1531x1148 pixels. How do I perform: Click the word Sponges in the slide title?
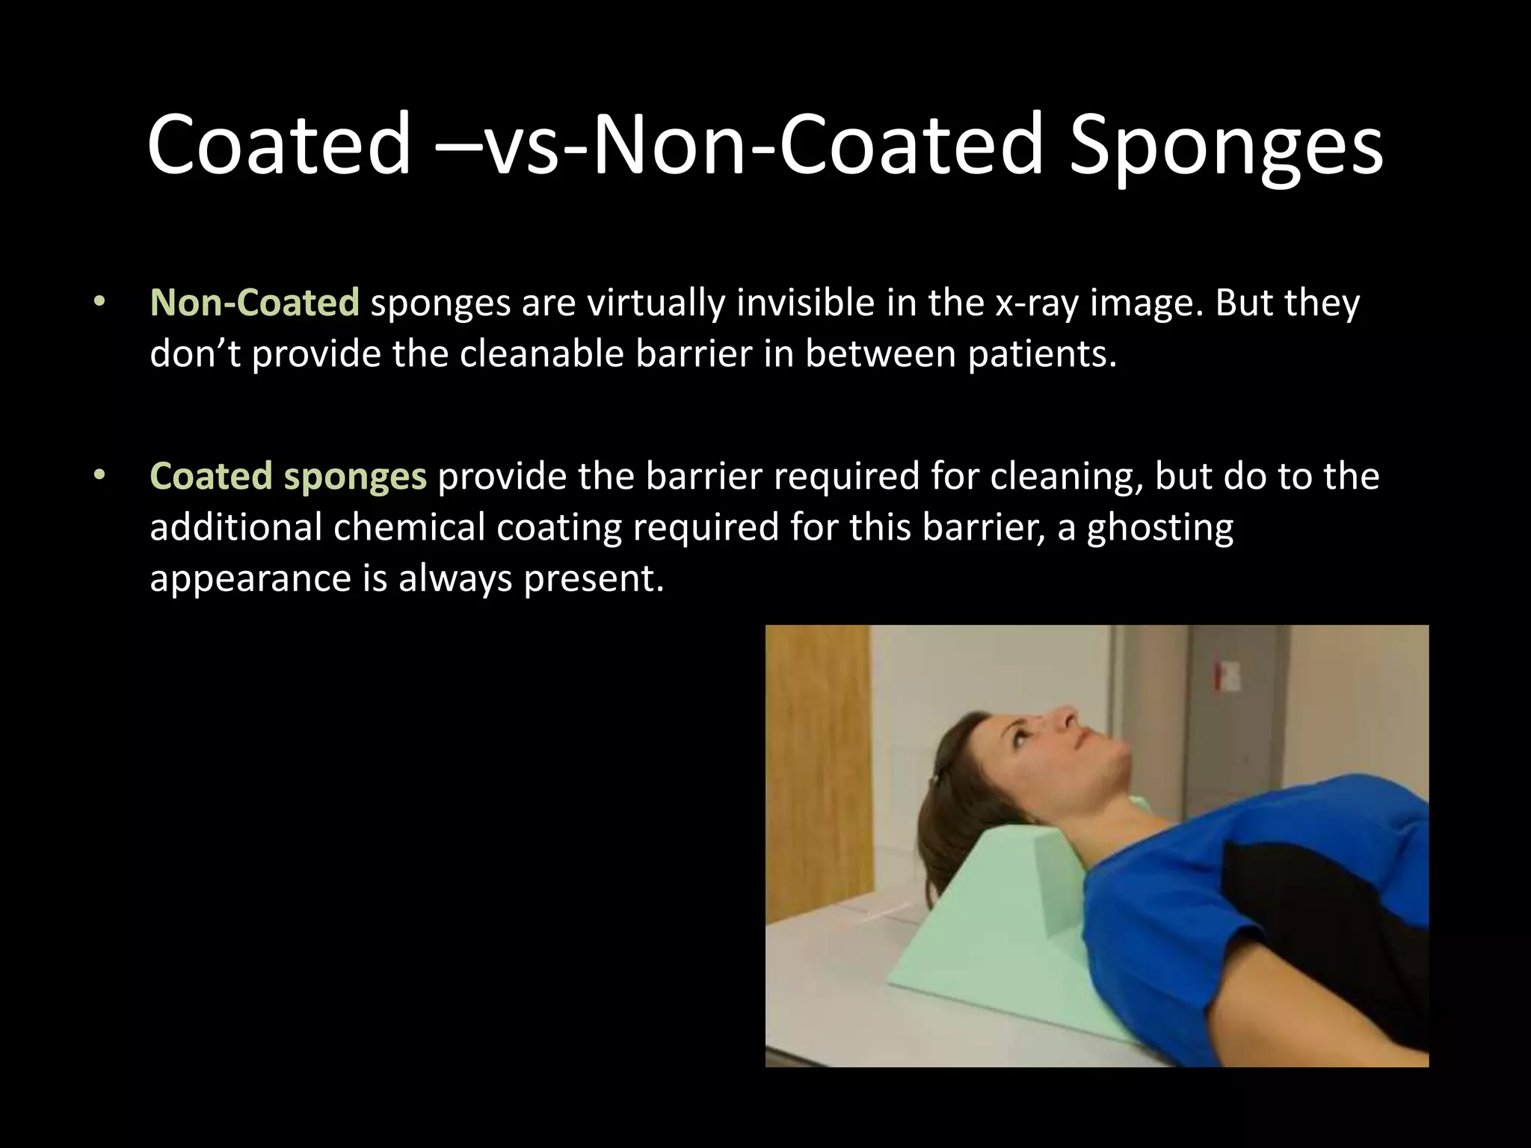[x=1226, y=146]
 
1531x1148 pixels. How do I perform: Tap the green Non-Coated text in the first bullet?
[x=254, y=303]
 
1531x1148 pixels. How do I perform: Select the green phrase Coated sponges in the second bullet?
[x=288, y=477]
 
